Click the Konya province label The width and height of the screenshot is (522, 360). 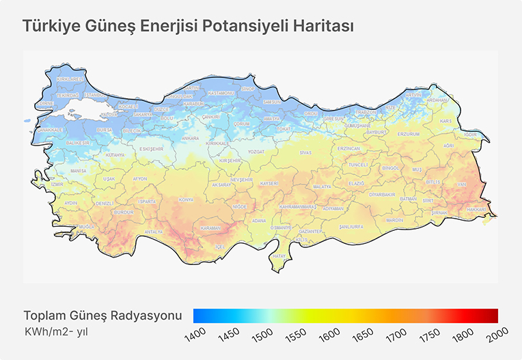(x=186, y=199)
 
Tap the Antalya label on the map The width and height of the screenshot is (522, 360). (x=154, y=232)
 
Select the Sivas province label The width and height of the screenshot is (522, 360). (x=305, y=152)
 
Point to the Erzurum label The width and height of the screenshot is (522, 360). (x=409, y=134)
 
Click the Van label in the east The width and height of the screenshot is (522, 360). (x=461, y=184)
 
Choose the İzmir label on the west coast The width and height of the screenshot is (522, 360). (x=57, y=184)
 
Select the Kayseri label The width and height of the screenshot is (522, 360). (x=269, y=183)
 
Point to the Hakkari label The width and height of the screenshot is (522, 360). (x=476, y=209)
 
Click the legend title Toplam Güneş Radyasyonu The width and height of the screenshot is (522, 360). (x=102, y=316)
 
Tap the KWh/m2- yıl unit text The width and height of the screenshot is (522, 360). (x=56, y=331)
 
